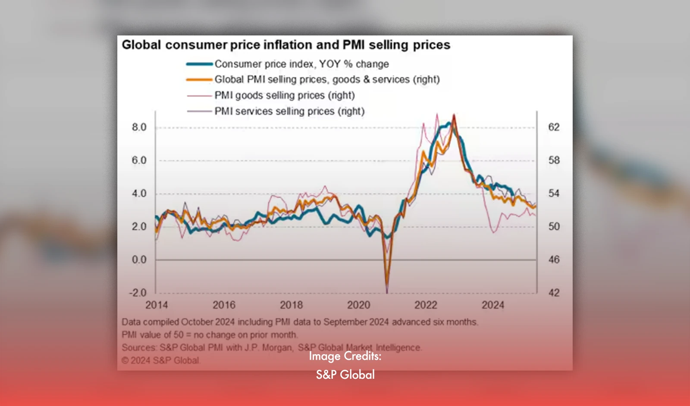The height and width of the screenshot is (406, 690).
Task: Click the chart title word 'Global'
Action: pos(141,45)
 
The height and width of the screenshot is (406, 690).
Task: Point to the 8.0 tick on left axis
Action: pos(139,127)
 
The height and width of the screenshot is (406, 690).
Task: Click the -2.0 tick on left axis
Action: pos(138,293)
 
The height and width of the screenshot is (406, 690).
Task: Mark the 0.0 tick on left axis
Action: pos(139,260)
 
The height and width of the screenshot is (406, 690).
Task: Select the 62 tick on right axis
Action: pos(554,127)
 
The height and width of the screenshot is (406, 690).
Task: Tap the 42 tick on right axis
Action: pos(554,293)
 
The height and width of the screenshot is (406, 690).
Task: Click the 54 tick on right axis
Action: pos(554,193)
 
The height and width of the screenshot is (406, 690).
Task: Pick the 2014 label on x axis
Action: pos(156,305)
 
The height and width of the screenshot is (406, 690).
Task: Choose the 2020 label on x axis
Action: pos(358,305)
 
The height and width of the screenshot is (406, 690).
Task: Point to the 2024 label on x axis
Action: pos(492,305)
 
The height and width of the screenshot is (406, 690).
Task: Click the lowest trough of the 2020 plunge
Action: pos(387,292)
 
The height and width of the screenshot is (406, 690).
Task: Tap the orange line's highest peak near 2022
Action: pos(454,116)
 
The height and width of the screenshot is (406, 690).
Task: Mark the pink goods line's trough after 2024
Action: pos(494,232)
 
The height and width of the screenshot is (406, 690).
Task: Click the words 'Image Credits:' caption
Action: pos(345,356)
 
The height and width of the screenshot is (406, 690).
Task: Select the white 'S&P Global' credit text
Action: pos(345,374)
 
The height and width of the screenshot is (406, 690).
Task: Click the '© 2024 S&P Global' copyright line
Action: pos(160,360)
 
